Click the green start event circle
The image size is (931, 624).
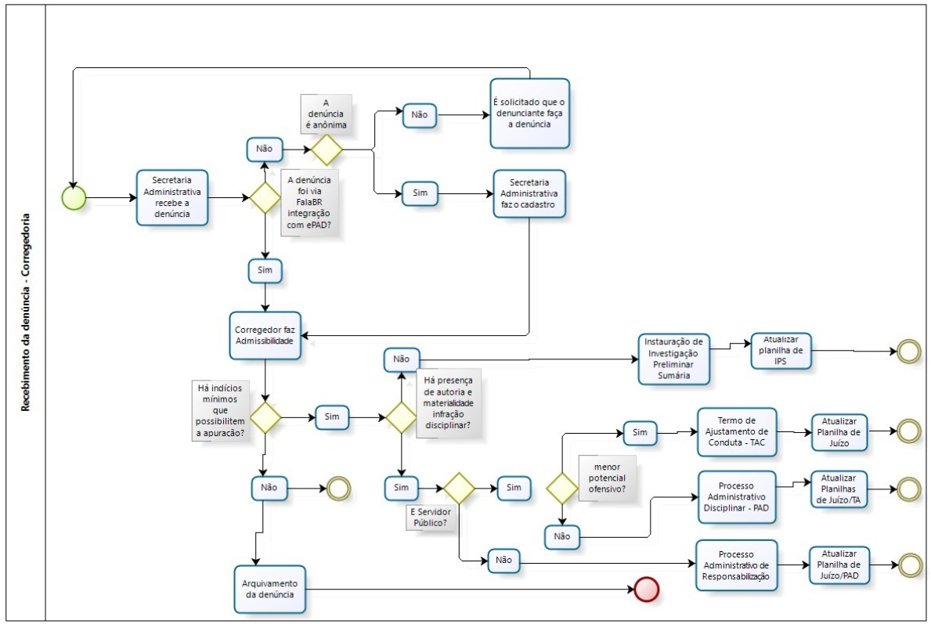click(74, 198)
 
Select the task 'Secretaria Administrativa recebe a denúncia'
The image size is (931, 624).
click(172, 198)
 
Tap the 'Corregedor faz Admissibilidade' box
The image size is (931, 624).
click(266, 336)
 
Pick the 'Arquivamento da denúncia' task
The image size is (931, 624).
click(269, 589)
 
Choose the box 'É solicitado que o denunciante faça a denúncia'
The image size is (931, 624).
click(529, 114)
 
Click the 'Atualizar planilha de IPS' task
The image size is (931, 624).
click(781, 352)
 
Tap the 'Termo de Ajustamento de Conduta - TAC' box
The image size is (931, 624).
click(736, 431)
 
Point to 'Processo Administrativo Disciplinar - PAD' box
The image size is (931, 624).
click(736, 496)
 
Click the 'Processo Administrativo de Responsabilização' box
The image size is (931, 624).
click(736, 565)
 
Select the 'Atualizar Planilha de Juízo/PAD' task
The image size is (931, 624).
click(839, 564)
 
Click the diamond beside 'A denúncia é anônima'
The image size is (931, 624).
click(327, 149)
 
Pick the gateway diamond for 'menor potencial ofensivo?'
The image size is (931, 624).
click(562, 489)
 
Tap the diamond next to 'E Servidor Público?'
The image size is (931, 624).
click(459, 489)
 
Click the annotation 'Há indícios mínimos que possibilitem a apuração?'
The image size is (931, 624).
click(219, 410)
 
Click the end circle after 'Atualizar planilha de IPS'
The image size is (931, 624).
click(908, 352)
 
